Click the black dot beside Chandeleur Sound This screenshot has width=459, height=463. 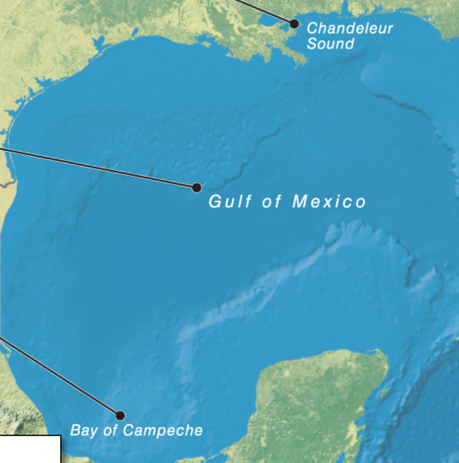tap(294, 23)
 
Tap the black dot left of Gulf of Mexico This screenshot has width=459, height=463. tap(196, 188)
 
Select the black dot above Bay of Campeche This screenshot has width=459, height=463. tap(120, 415)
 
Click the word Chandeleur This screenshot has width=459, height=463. tap(350, 28)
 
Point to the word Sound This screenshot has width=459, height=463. tap(330, 43)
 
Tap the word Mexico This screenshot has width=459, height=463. tap(330, 202)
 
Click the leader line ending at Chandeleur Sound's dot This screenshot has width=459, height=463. tap(261, 11)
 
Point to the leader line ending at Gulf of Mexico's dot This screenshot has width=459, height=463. tap(100, 168)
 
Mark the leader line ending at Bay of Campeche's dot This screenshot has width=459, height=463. tap(61, 376)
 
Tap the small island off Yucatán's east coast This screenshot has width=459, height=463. tap(383, 393)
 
